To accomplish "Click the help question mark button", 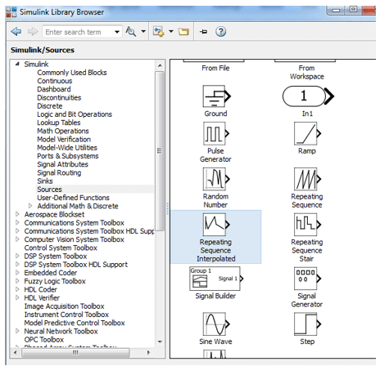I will (x=220, y=32).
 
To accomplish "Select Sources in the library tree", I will (x=49, y=189).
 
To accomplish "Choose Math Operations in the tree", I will (x=63, y=131).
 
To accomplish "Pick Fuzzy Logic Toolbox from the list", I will (x=55, y=281).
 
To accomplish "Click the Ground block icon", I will (x=215, y=96).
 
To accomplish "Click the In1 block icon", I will (x=306, y=96).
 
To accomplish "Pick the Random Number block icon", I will (x=215, y=179).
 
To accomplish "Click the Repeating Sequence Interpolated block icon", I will (x=215, y=224).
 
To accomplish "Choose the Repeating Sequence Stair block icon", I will (x=306, y=224).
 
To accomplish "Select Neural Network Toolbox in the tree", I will (x=61, y=331).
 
